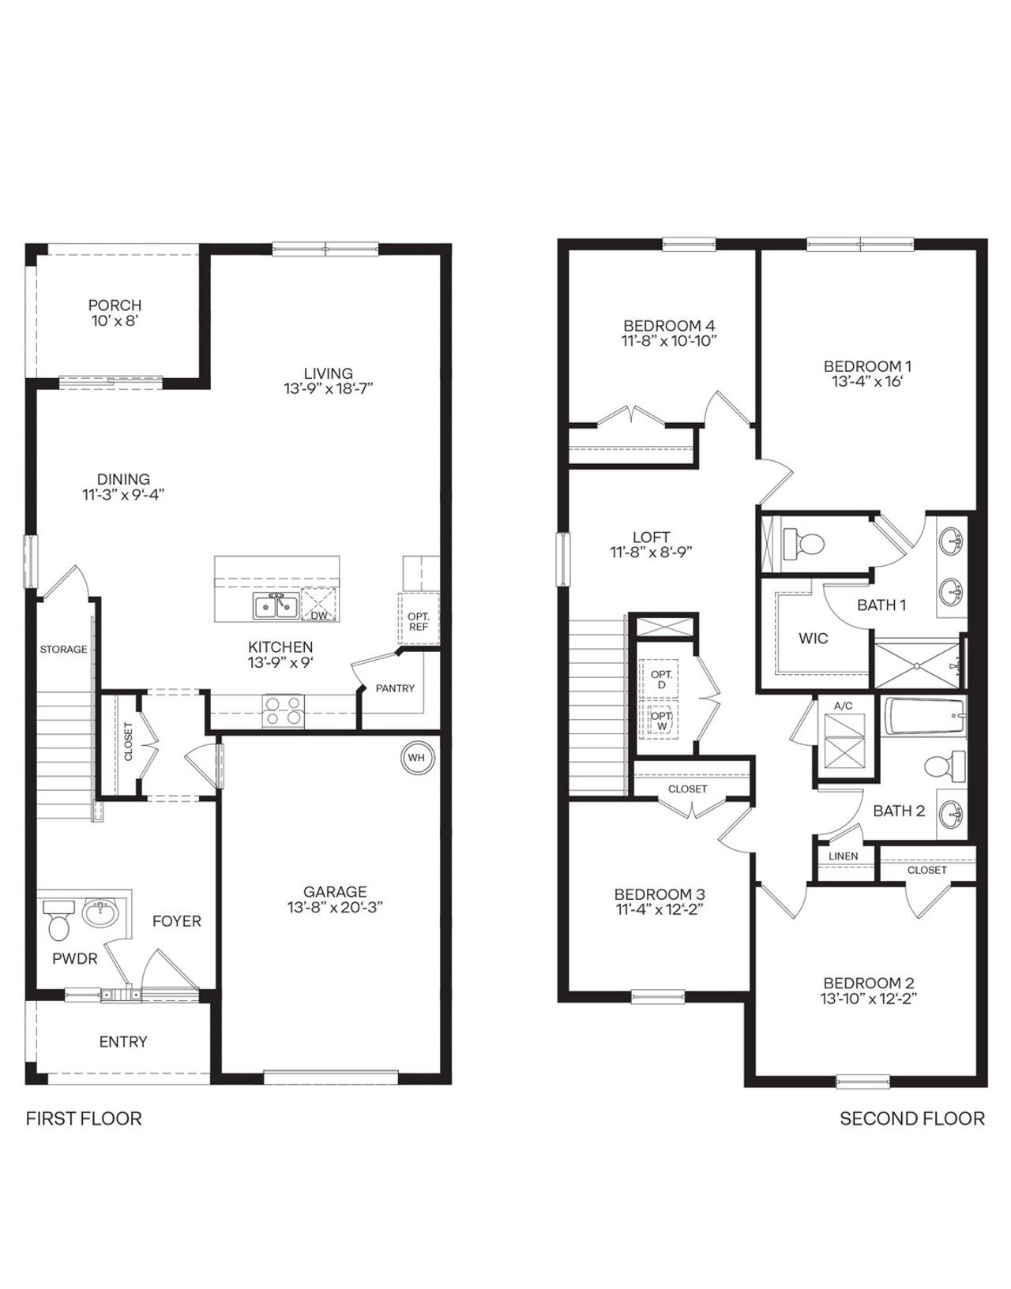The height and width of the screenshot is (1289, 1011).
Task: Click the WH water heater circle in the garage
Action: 416,758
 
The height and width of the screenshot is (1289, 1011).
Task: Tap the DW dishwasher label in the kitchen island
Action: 319,615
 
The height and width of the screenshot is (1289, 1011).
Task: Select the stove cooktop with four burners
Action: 283,710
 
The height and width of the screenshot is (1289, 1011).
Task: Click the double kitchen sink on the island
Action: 276,606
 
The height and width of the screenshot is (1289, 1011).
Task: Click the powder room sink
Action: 100,914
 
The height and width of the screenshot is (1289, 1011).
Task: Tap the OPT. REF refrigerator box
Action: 418,621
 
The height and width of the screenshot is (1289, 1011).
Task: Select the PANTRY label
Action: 395,688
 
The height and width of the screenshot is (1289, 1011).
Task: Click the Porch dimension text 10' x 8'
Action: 115,321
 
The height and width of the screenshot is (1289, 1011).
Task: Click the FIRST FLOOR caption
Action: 84,1119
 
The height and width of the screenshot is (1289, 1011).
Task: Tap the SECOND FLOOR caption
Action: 911,1119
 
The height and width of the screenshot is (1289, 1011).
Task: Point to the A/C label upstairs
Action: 844,706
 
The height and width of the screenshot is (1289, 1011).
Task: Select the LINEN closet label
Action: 843,856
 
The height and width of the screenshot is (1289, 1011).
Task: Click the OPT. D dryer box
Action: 661,680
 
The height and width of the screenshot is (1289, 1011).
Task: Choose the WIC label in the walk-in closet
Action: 813,638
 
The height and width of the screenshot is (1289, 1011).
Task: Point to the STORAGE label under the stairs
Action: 63,650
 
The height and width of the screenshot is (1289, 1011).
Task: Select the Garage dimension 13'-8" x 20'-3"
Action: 335,908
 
